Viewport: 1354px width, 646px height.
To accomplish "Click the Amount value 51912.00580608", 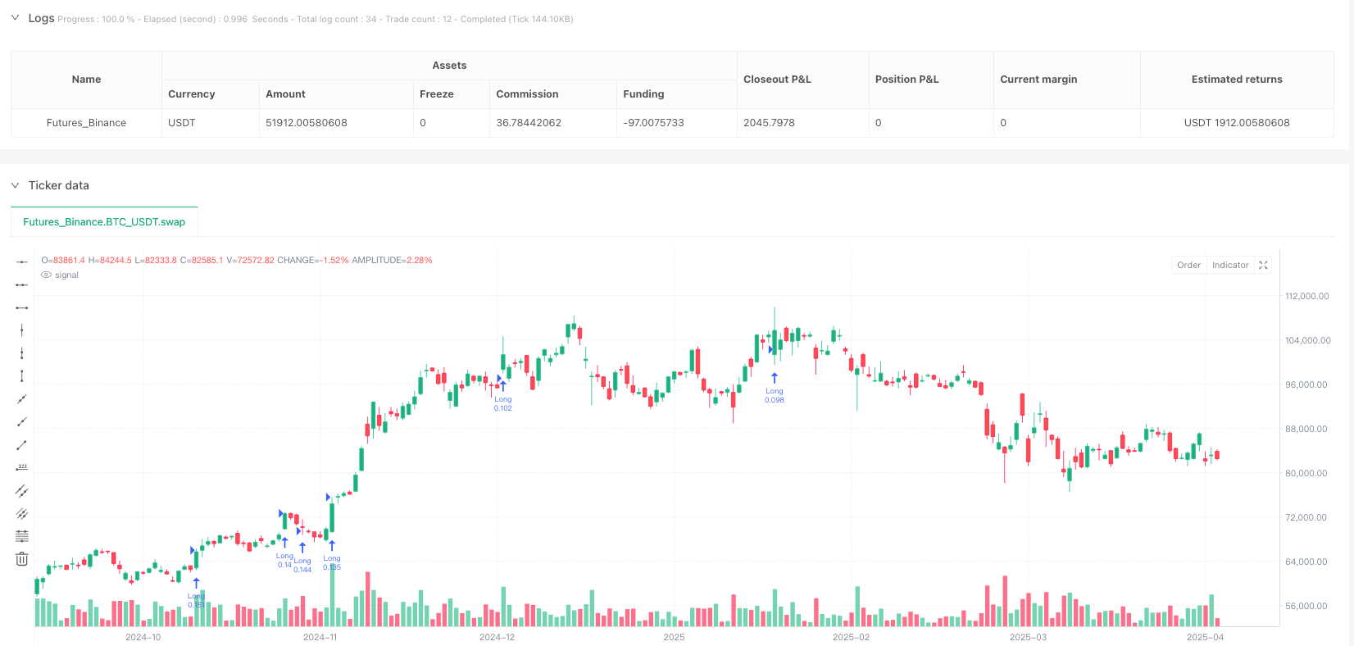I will point(306,123).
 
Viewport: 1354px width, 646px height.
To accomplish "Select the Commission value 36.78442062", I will point(529,123).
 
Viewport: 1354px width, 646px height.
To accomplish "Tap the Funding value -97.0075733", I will point(653,123).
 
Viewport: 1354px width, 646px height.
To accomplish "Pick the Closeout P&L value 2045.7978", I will point(769,123).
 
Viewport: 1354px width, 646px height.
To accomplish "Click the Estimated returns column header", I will point(1236,80).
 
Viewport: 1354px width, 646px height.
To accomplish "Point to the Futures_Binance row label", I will point(86,123).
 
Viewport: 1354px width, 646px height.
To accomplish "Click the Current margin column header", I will point(1038,80).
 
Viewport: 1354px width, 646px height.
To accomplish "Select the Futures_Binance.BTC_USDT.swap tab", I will point(104,222).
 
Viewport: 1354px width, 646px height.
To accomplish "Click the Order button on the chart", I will point(1188,266).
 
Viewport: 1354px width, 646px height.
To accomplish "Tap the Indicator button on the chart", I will point(1230,266).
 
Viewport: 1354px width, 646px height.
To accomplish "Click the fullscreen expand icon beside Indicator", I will point(1263,266).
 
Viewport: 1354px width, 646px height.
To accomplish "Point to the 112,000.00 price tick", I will point(1307,297).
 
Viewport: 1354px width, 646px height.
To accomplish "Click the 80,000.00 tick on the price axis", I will point(1307,474).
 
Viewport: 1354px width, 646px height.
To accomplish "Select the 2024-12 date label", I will point(497,638).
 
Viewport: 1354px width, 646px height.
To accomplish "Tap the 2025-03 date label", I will point(1028,638).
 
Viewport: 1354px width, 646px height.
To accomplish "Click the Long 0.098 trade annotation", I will point(774,395).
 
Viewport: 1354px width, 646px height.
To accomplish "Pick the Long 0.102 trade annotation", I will point(502,403).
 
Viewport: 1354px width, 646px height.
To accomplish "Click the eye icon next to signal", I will point(47,275).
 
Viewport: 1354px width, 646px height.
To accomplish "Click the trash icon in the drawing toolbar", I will point(22,559).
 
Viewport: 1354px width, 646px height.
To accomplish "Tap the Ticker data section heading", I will point(59,186).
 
